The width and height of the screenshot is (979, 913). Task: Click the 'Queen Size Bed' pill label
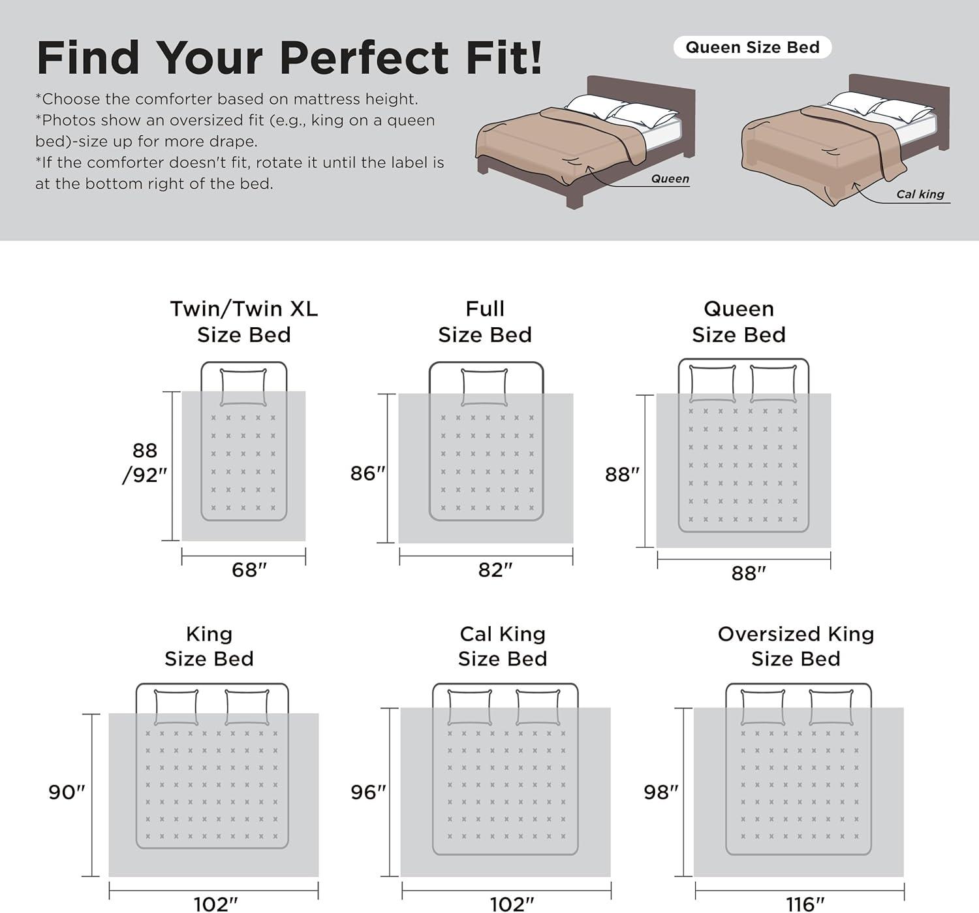(753, 48)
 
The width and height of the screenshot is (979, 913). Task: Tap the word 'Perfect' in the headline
(364, 57)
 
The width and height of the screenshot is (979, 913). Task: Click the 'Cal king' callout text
(920, 194)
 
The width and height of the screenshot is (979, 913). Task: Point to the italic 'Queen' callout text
(670, 179)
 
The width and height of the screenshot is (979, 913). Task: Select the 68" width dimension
(249, 569)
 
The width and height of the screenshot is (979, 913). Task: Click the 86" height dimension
(367, 473)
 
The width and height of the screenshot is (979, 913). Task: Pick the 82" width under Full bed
(495, 569)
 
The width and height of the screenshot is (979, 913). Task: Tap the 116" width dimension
(805, 905)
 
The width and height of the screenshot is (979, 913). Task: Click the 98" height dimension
(661, 792)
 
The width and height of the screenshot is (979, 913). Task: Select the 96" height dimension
(368, 792)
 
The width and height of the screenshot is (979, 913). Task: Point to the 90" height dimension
(67, 792)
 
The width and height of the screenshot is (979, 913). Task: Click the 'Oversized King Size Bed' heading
(796, 646)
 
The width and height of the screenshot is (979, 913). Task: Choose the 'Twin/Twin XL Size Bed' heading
(244, 322)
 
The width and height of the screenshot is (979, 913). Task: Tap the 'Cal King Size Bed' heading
(503, 646)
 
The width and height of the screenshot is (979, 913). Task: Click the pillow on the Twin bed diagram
(243, 387)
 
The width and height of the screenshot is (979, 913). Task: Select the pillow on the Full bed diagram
(484, 387)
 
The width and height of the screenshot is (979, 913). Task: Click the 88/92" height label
(144, 463)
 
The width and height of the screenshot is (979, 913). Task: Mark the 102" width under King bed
(215, 905)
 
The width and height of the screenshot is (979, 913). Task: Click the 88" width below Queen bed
(749, 573)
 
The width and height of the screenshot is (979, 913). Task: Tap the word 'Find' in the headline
(87, 57)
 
